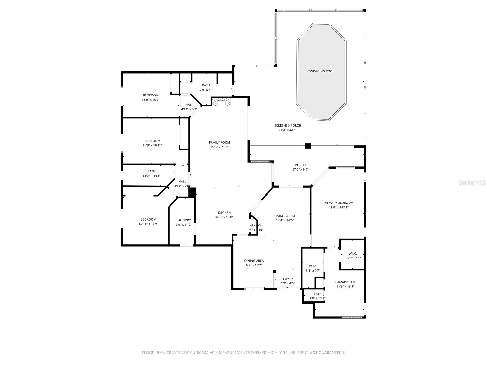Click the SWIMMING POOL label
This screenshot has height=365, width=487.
click(x=321, y=71)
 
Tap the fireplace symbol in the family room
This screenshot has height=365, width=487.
click(x=221, y=102)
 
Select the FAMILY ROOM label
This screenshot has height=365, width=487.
click(x=219, y=142)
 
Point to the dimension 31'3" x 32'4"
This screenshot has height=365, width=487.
click(x=287, y=130)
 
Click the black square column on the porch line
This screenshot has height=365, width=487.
click(x=308, y=146)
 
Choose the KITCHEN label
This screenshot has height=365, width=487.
click(x=224, y=213)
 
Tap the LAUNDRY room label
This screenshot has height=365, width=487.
click(x=184, y=220)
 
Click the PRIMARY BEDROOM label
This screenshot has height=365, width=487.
click(x=338, y=203)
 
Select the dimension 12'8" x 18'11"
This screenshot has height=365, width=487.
click(x=338, y=207)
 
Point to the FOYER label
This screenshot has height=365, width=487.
click(x=288, y=279)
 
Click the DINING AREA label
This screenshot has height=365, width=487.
click(x=254, y=261)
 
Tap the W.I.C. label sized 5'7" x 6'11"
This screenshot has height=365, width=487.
click(x=352, y=254)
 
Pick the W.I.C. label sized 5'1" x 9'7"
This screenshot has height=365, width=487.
click(x=313, y=266)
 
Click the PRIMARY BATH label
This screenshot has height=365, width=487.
click(x=345, y=282)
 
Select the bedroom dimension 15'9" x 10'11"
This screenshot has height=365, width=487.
click(x=152, y=145)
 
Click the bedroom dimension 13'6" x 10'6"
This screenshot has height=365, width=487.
click(x=151, y=100)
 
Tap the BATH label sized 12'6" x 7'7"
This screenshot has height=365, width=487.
click(x=206, y=85)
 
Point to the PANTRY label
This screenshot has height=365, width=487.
click(x=255, y=225)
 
